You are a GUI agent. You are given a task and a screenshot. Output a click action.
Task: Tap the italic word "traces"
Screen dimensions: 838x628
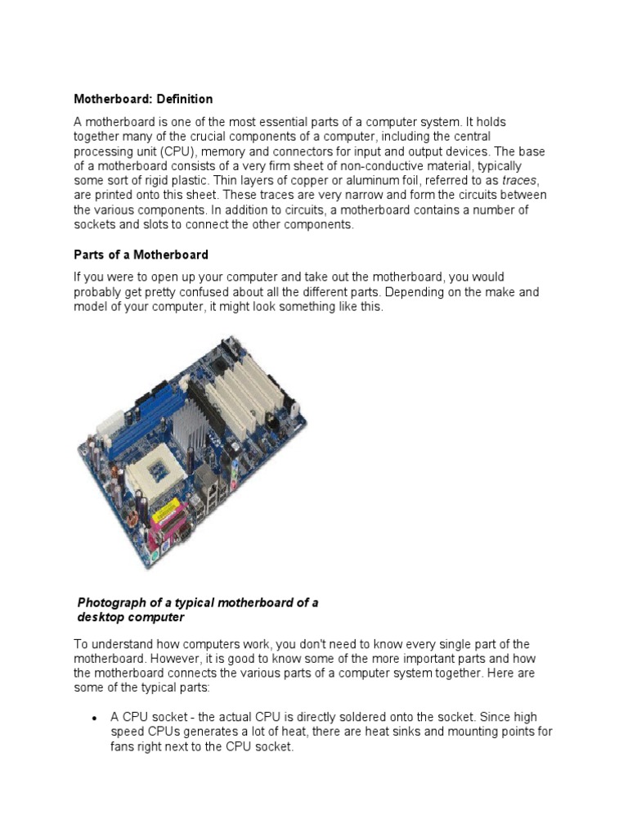tap(519, 181)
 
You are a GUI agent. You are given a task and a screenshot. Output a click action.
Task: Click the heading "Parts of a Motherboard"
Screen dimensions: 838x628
tap(141, 255)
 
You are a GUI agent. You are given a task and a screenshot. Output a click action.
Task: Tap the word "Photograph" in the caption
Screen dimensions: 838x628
tap(111, 602)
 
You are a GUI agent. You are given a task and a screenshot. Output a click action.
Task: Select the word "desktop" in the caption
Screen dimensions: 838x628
tap(102, 617)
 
